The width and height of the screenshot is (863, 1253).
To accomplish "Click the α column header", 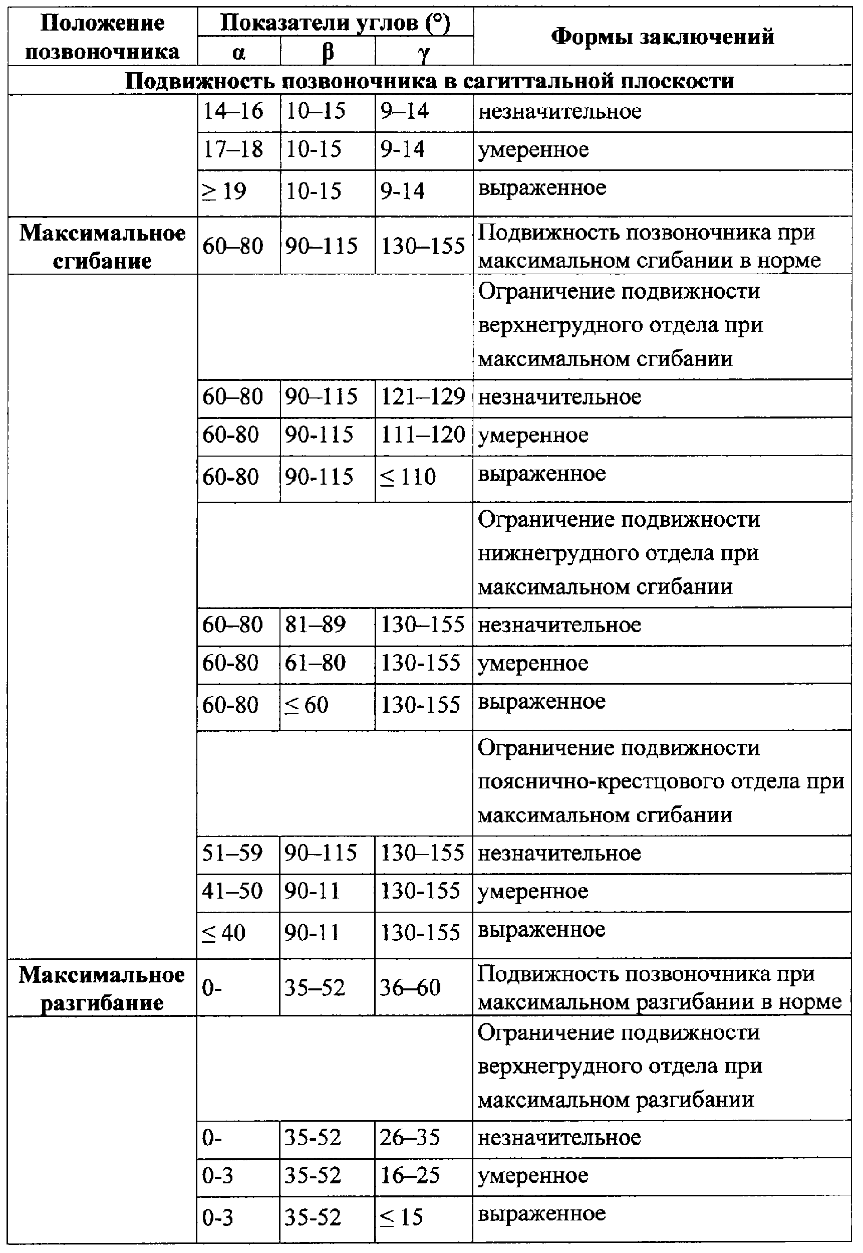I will [x=238, y=53].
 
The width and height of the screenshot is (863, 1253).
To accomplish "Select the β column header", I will [x=328, y=53].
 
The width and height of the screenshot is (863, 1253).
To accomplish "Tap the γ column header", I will [x=424, y=53].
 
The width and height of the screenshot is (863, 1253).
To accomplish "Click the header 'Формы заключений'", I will [x=662, y=37].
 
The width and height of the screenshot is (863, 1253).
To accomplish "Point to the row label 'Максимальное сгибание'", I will [x=102, y=247].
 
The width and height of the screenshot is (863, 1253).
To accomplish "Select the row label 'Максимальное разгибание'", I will [x=102, y=988].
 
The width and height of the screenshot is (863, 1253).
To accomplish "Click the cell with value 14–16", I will [x=233, y=111].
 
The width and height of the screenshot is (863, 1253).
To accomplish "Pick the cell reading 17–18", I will [x=233, y=149].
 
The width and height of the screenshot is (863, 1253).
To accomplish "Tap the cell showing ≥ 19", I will [x=224, y=191].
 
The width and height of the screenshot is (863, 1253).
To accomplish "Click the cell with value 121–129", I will [x=423, y=397].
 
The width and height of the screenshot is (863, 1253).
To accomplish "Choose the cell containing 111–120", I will [x=423, y=435].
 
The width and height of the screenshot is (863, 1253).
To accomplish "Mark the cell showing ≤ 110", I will [x=408, y=477].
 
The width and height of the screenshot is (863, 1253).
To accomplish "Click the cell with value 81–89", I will [x=315, y=625].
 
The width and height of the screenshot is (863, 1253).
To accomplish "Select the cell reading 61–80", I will [x=315, y=663].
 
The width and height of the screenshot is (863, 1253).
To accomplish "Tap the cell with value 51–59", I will [x=232, y=854].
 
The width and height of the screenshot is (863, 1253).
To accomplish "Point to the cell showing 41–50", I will [x=232, y=891].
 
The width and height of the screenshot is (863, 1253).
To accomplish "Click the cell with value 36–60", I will [x=410, y=988].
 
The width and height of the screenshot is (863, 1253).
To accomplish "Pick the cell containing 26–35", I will [x=410, y=1138].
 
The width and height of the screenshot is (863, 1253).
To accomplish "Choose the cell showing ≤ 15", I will [x=402, y=1217].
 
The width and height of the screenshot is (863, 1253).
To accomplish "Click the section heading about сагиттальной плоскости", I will [x=430, y=81].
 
